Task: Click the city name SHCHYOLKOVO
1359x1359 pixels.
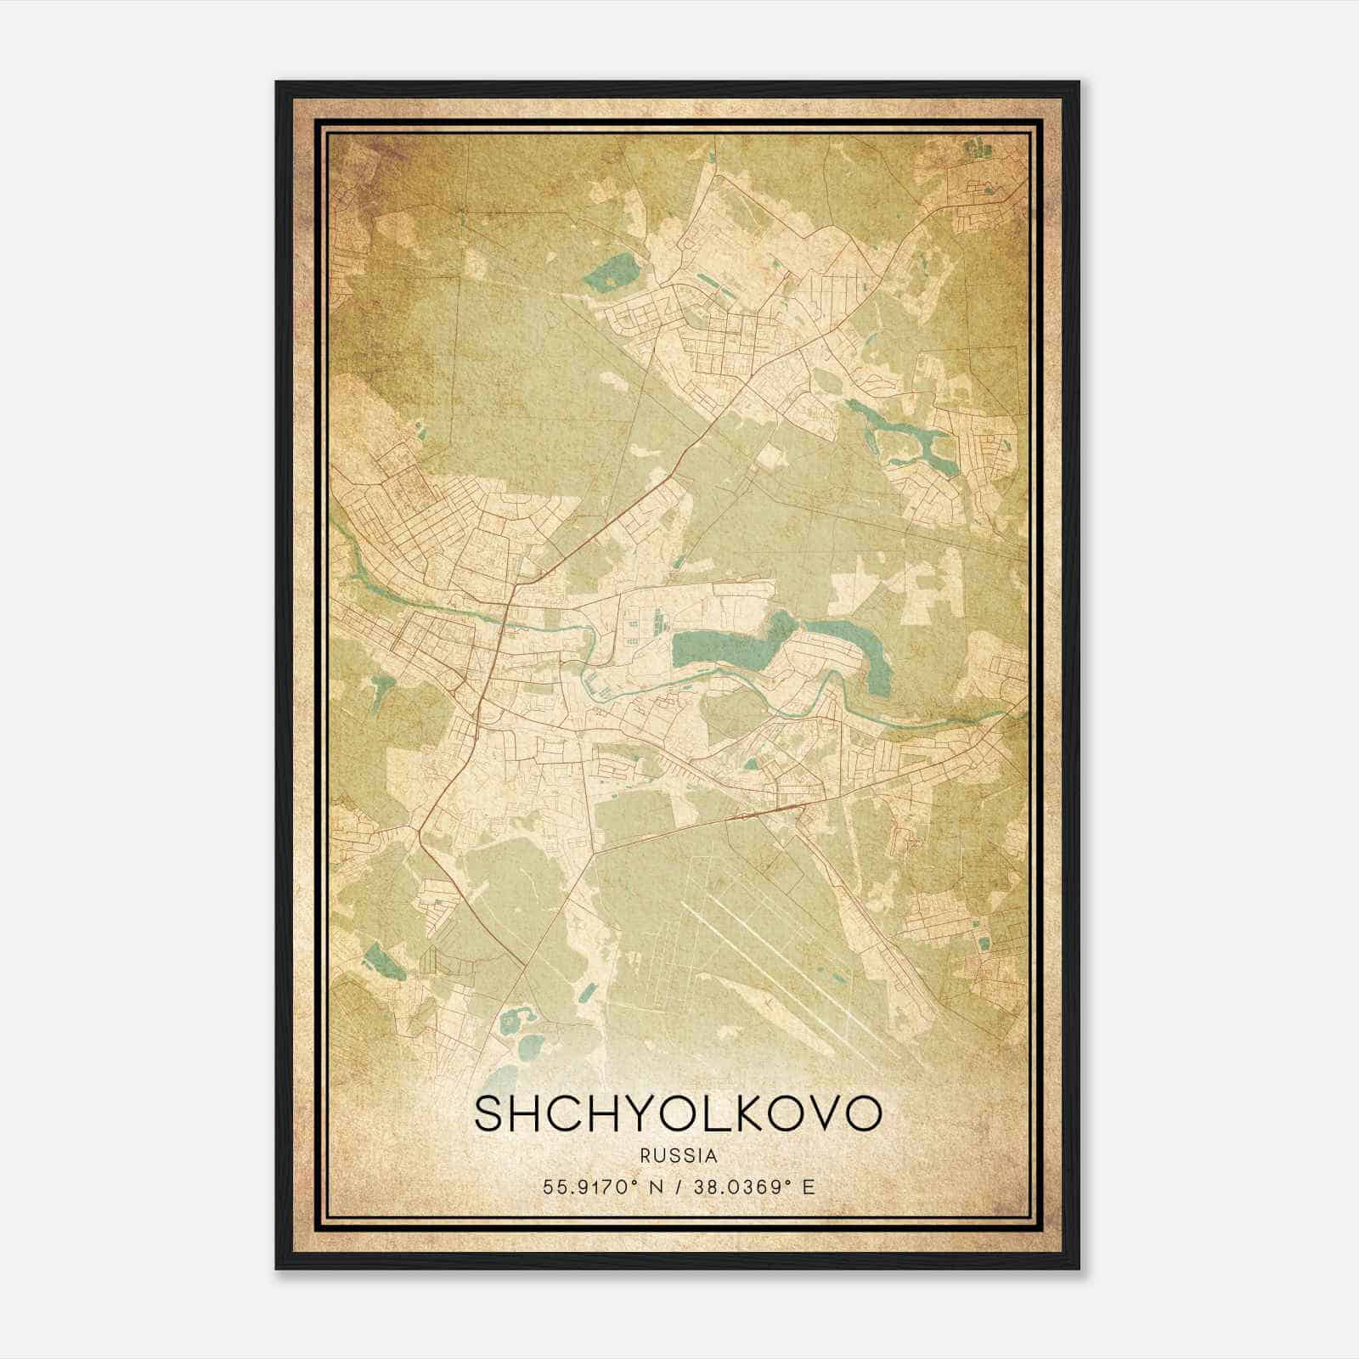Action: [678, 1114]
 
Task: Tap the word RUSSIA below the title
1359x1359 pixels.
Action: [679, 1156]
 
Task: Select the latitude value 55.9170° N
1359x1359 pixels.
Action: [600, 1187]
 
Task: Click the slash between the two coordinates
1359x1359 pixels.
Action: [677, 1187]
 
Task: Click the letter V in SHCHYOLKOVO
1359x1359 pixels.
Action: [828, 1114]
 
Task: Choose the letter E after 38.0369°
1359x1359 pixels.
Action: [809, 1187]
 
